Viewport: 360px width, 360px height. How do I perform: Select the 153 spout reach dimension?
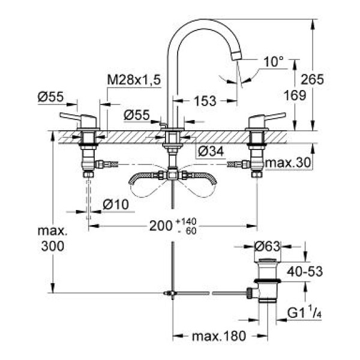pyautogui.click(x=205, y=101)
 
